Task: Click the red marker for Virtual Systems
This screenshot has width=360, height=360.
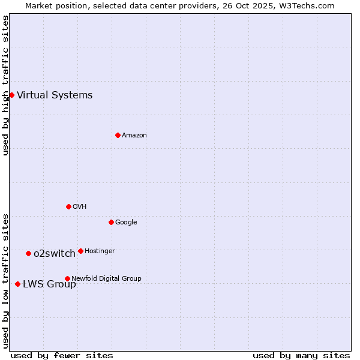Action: point(11,95)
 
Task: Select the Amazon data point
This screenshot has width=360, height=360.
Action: point(118,135)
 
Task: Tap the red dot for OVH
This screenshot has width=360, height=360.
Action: point(68,206)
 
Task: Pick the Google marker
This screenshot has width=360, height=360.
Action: point(111,222)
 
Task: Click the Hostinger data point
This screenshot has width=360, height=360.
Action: point(80,251)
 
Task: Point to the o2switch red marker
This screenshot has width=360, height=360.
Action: point(28,253)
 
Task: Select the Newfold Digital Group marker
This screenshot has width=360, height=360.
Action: point(67,278)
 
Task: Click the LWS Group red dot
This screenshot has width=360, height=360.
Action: point(17,284)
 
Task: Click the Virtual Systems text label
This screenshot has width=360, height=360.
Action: point(55,95)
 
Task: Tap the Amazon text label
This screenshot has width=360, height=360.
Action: point(134,135)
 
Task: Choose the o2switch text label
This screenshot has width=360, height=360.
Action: point(54,253)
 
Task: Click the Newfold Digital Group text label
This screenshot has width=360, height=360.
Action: point(106,278)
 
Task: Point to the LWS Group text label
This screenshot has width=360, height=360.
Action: point(49,284)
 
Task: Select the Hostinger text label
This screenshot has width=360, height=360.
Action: point(100,251)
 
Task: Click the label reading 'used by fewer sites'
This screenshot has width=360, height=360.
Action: point(62,355)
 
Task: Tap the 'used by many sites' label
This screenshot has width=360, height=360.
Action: point(301,355)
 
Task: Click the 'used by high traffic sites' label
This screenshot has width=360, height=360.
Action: point(5,85)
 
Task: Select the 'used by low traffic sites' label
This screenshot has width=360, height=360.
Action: point(5,281)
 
